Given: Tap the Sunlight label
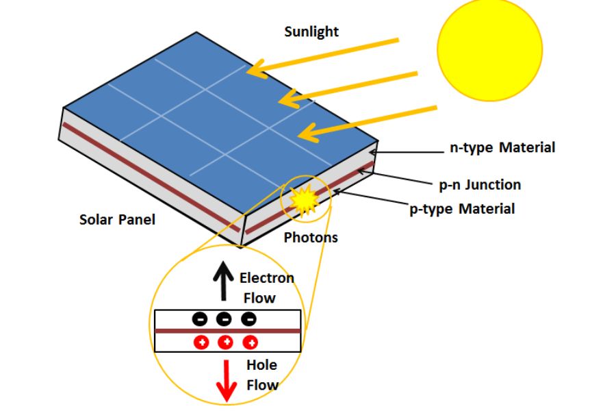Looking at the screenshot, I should coord(311,32).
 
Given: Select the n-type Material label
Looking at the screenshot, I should coord(502,147).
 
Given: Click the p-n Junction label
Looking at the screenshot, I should coord(479,184).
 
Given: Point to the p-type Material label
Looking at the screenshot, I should coord(462,208).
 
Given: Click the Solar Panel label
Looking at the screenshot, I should coord(117,219).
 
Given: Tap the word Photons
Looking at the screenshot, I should coord(311,238).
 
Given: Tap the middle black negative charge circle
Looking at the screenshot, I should coord(224,319).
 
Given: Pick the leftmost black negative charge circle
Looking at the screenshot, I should coord(199,319).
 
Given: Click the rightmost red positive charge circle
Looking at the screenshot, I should coord(251,342).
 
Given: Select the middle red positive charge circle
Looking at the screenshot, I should coord(226,342).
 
